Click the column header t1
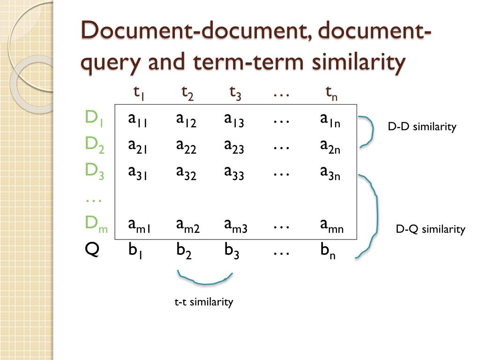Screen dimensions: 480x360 point(138,93)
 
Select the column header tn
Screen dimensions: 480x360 point(331,93)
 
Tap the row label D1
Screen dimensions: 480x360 point(94,118)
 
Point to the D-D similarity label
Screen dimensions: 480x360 point(422,127)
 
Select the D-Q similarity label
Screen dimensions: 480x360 point(430,229)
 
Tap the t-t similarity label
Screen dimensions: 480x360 point(203,302)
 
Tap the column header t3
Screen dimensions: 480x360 point(235,93)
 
